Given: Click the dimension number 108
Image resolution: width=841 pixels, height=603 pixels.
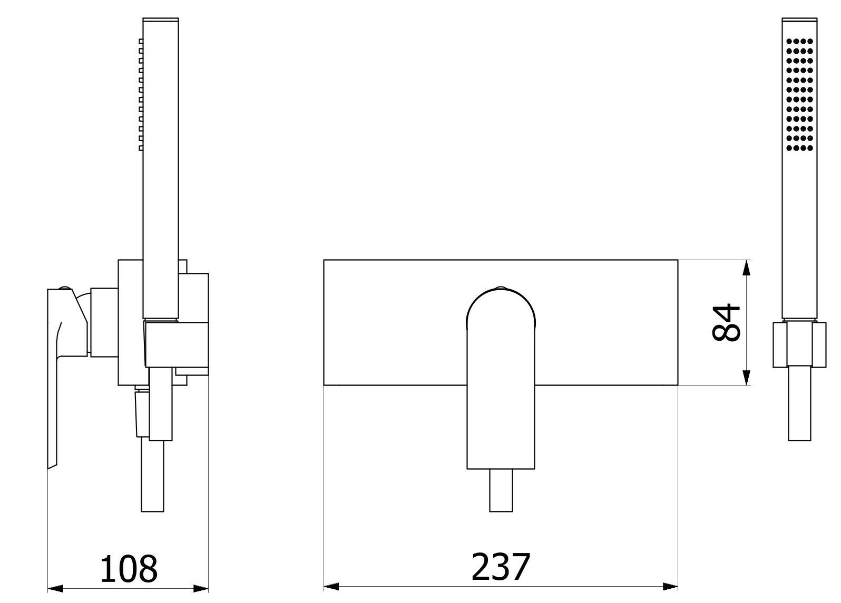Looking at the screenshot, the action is [x=129, y=569].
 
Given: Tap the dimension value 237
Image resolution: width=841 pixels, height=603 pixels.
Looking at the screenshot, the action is [x=501, y=567].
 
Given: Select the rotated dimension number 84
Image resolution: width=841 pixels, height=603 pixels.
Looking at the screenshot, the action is [x=727, y=323].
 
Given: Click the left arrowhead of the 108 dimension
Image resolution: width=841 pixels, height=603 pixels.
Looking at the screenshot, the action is [x=55, y=588].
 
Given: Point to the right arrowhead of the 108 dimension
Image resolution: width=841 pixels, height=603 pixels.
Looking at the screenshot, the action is [x=201, y=588].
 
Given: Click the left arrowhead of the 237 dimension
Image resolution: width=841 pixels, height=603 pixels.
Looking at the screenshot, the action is [x=331, y=587].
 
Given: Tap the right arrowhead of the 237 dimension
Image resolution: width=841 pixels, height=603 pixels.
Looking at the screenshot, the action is [x=670, y=587].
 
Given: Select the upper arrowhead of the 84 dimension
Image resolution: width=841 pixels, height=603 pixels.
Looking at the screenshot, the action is [x=747, y=268].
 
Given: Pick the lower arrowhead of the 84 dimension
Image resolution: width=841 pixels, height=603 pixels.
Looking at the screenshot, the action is [x=747, y=377].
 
